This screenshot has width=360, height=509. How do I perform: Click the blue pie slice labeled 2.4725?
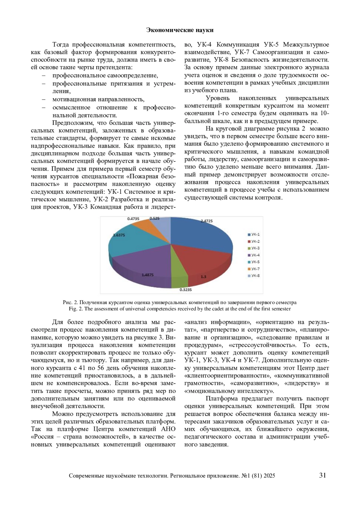click(201, 237)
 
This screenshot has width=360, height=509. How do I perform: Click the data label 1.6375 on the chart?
click(119, 235)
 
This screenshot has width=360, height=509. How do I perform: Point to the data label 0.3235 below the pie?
click(185, 290)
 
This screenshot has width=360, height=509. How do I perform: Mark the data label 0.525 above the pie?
click(154, 219)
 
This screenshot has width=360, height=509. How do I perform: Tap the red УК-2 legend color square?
click(249, 241)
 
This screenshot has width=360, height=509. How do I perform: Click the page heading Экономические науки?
click(180, 30)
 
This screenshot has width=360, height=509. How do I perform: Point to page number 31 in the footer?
click(322, 475)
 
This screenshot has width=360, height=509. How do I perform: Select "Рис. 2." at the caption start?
click(70, 302)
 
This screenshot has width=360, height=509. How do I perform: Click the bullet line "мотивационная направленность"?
click(98, 99)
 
